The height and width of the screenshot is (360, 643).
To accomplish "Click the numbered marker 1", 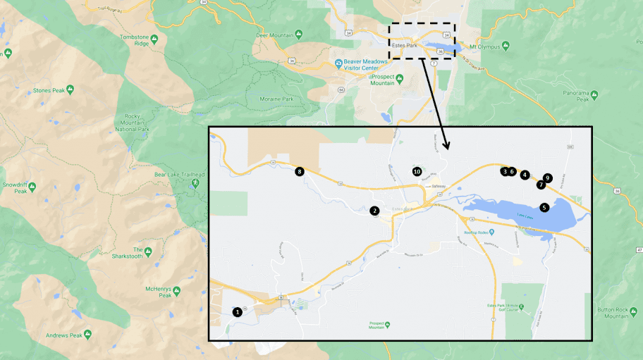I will tap(238, 311).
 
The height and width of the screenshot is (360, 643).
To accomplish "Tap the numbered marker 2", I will tap(375, 210).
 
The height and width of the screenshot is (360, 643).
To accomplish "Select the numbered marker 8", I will tap(300, 171).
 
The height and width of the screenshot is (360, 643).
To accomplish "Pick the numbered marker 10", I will tap(417, 171).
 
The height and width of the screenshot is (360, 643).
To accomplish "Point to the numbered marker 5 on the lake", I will tap(544, 207).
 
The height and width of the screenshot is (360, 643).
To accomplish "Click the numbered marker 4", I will tap(525, 175).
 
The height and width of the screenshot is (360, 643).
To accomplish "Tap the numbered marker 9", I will tap(548, 178).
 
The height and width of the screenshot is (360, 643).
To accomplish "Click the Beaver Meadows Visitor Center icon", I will tap(338, 63).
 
